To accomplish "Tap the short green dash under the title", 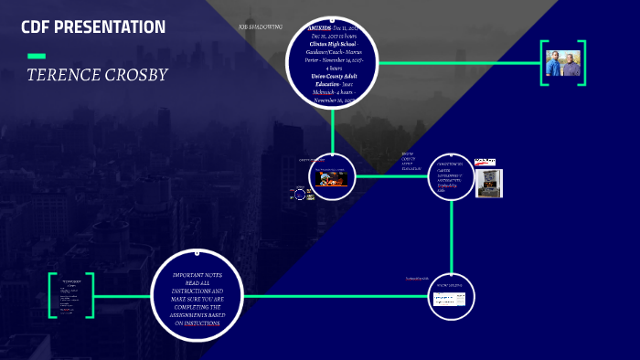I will pos(37,57).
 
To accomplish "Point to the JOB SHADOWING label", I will pos(260,27).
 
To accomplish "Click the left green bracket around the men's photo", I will pos(543,63).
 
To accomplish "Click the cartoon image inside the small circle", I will pos(329,178).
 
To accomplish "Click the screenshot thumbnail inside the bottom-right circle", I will pos(449,299).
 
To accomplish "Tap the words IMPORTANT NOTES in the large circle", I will pos(198,274).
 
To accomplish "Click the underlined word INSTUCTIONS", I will pos(202,323).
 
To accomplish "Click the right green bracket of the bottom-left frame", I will pos(91,295).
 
